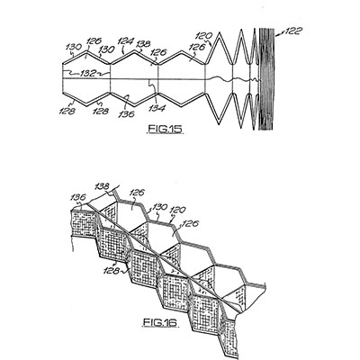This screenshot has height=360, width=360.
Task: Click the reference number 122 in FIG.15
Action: tap(293, 31)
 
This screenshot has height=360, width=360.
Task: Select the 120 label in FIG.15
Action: tap(204, 36)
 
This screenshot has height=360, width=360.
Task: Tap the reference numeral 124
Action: tap(125, 40)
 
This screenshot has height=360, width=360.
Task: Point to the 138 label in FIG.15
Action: tap(143, 44)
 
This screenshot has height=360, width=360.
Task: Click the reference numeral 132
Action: tap(88, 73)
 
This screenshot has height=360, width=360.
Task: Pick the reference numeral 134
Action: tap(157, 108)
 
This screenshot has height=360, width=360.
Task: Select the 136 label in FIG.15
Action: tap(126, 114)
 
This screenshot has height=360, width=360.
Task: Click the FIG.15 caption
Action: tap(165, 129)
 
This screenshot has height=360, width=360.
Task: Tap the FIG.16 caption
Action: tap(159, 323)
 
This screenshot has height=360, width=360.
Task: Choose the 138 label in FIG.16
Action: tap(102, 186)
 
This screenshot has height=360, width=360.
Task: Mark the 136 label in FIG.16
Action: tap(78, 197)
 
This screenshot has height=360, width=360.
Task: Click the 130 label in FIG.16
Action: tap(161, 207)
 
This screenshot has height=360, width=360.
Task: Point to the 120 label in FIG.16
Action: tap(178, 210)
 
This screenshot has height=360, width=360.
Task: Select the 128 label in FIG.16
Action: tap(112, 271)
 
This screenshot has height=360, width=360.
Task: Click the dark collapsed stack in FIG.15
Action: tap(266, 79)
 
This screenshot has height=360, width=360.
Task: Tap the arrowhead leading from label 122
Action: tap(277, 35)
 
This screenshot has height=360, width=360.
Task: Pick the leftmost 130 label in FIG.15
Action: tap(74, 47)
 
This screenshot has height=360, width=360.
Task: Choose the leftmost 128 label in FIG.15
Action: tap(67, 112)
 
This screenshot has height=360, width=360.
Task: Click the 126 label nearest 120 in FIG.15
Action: tap(197, 47)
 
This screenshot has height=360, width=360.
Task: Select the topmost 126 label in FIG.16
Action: tap(137, 193)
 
